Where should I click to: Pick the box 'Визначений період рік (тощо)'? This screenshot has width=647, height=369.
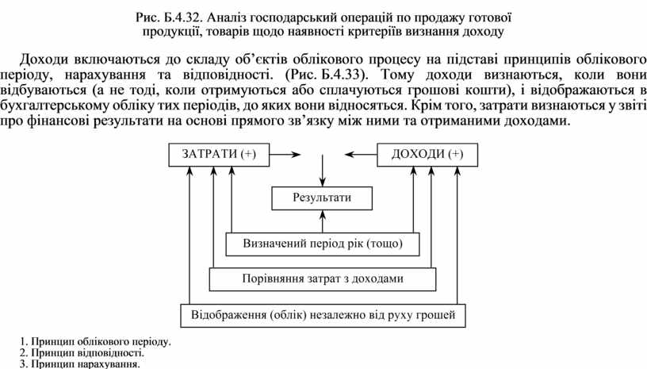pyautogui.click(x=323, y=244)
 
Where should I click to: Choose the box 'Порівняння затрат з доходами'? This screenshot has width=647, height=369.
pyautogui.click(x=323, y=279)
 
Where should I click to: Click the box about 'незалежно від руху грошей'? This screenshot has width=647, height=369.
pyautogui.click(x=323, y=315)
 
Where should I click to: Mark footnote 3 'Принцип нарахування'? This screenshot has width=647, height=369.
pyautogui.click(x=79, y=364)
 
